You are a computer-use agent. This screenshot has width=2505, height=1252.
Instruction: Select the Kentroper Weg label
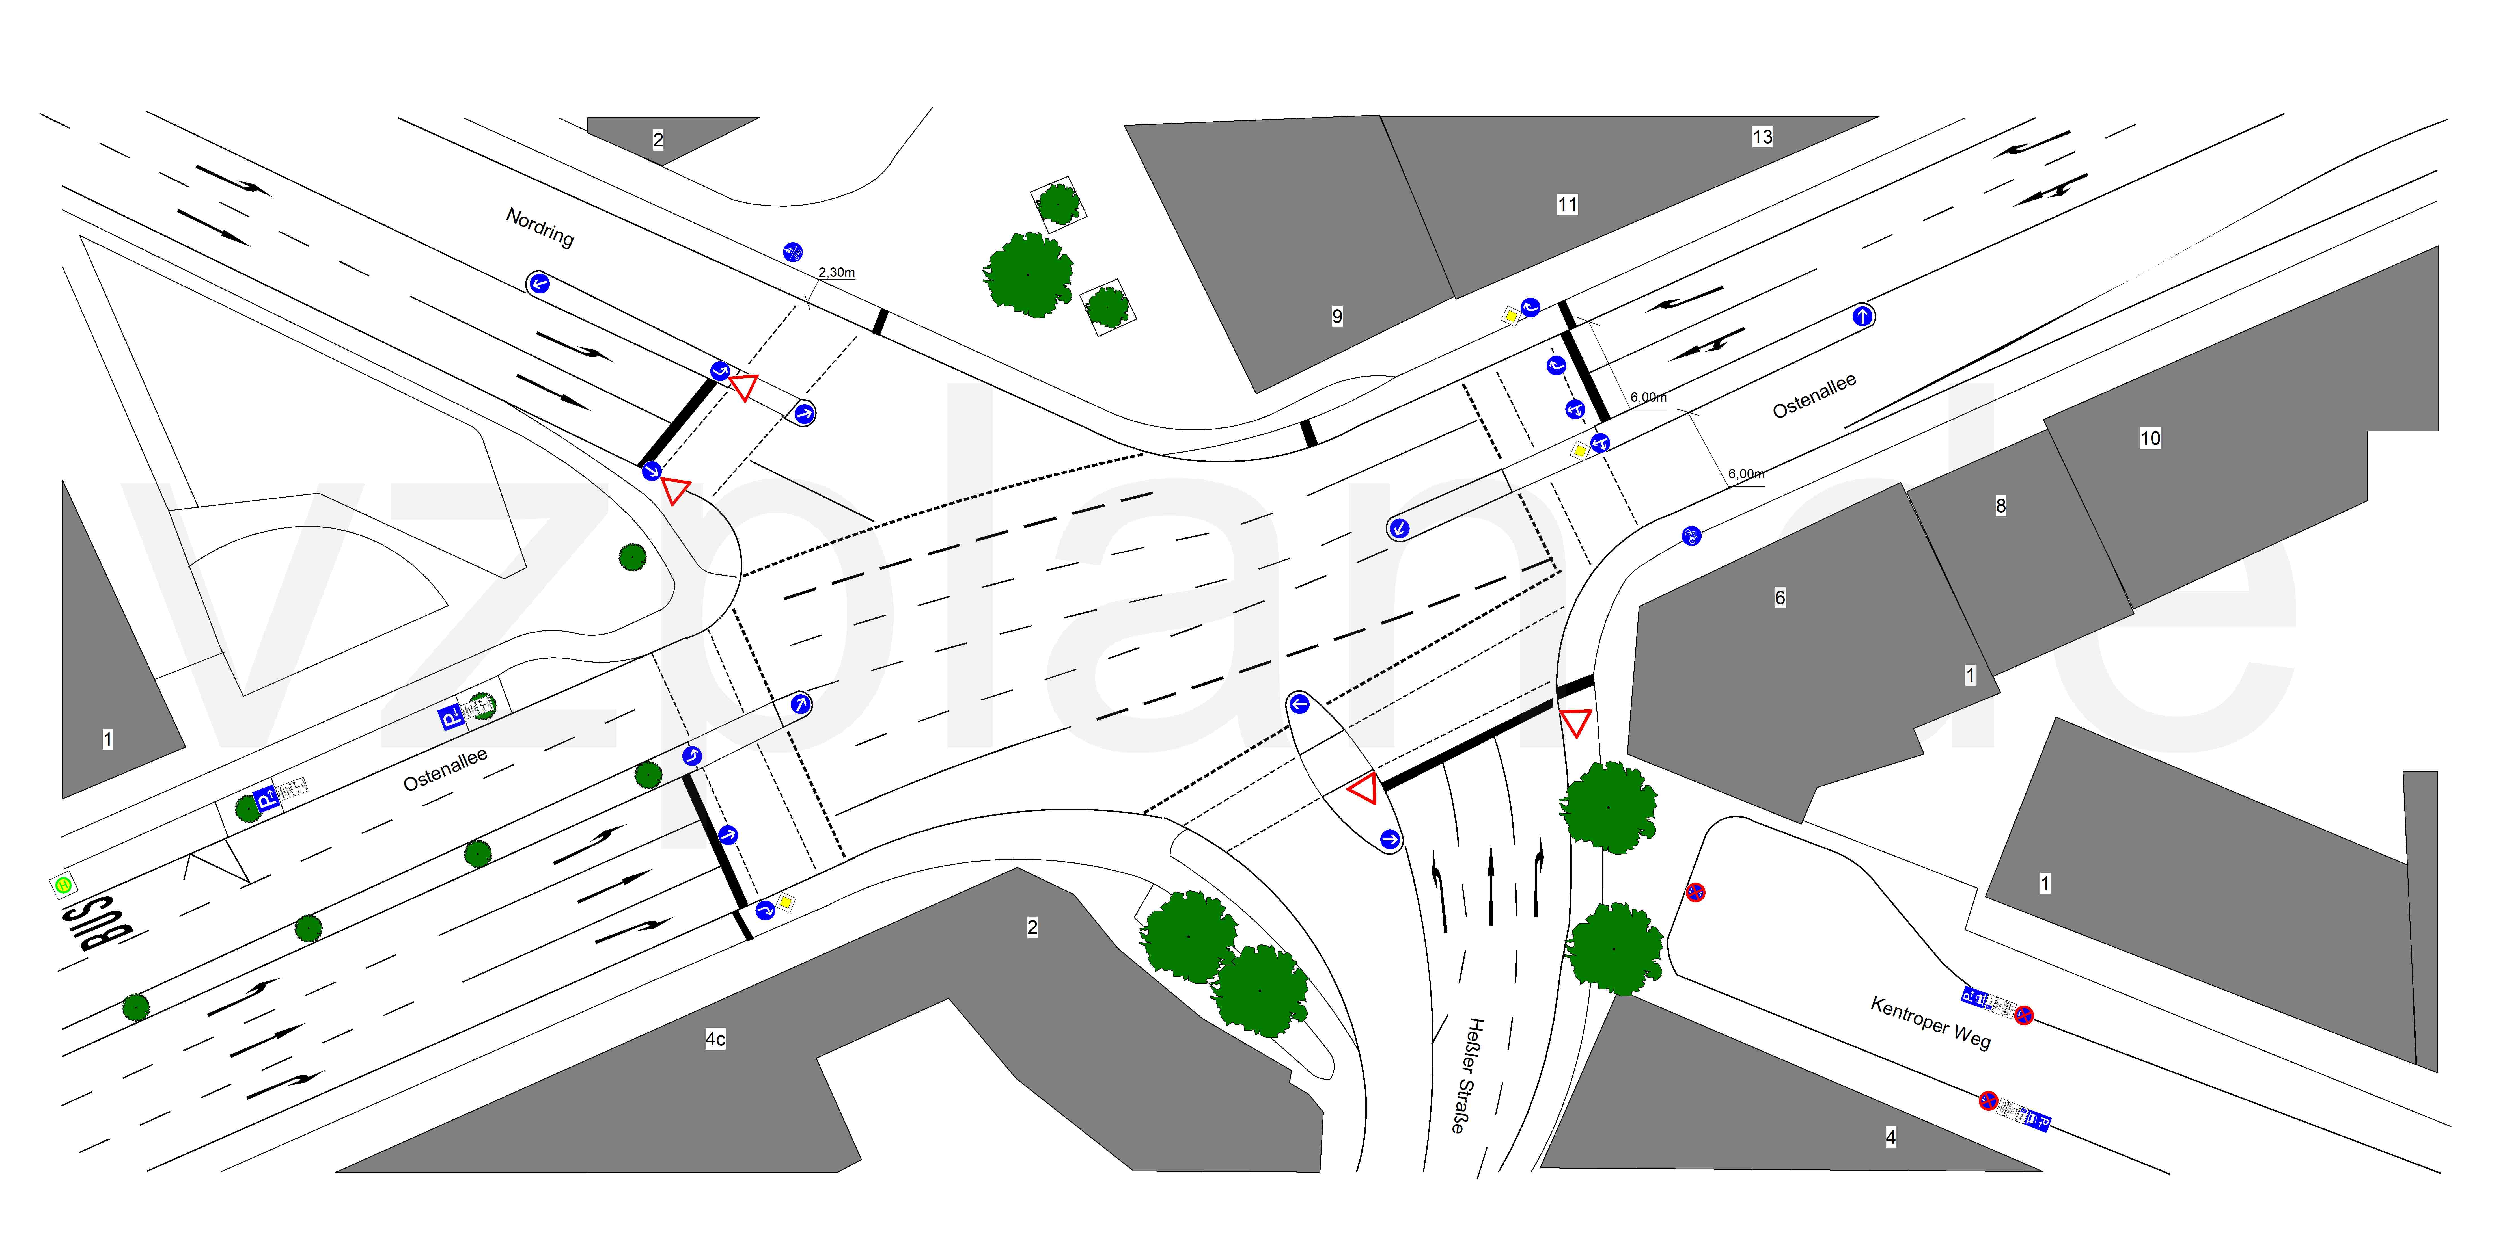point(1930,1022)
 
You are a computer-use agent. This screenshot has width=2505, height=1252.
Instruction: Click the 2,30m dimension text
point(836,272)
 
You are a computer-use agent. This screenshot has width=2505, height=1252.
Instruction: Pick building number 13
point(1762,137)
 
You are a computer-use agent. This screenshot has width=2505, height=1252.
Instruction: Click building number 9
point(1337,316)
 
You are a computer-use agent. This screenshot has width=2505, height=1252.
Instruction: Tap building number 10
point(2150,438)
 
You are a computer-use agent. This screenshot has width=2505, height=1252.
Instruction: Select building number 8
point(2000,505)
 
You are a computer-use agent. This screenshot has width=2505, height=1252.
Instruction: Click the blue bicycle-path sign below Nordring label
point(793,253)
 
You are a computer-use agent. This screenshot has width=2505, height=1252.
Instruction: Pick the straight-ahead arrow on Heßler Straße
point(1490,885)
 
